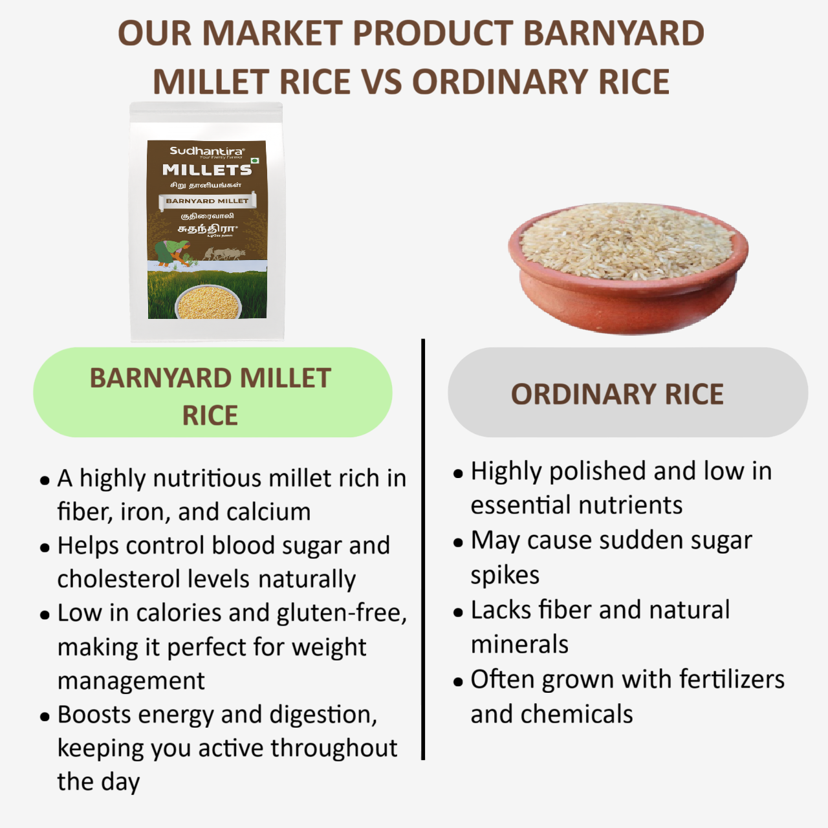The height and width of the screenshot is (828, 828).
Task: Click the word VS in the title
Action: pos(383,82)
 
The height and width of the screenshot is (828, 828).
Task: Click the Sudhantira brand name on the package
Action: pos(206,151)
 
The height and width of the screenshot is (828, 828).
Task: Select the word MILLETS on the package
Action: pos(207,170)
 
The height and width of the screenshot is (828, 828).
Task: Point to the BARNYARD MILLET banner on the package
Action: pos(207,201)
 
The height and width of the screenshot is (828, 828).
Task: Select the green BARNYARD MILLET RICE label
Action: pos(213,393)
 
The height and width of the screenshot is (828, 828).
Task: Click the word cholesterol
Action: pos(153,579)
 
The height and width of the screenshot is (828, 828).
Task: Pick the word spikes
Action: pos(505,575)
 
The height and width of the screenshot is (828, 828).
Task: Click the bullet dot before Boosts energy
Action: pos(45,717)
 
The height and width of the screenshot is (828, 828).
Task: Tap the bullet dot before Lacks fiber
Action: pos(459,612)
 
